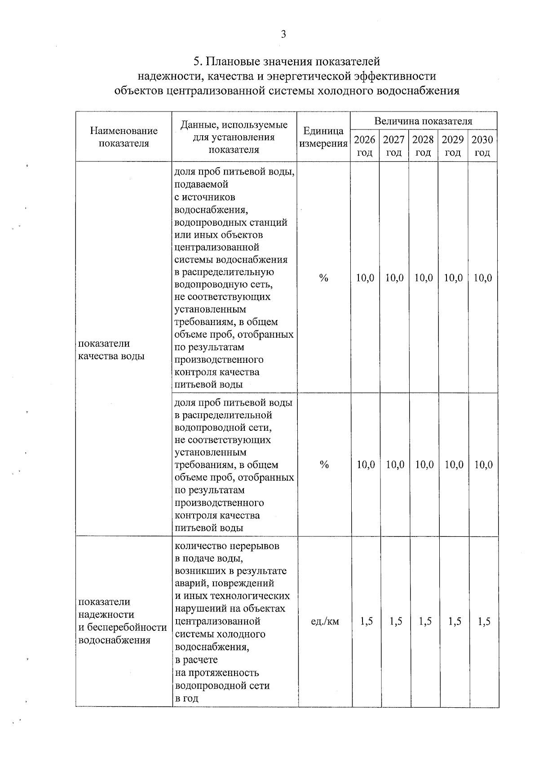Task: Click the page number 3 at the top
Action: [x=283, y=35]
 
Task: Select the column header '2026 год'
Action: [x=365, y=146]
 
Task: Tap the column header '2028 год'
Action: [x=423, y=146]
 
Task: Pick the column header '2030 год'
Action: [x=482, y=146]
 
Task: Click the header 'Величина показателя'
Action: [x=423, y=121]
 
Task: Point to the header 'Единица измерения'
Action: [x=323, y=137]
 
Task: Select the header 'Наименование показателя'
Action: [x=124, y=137]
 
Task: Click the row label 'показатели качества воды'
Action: [x=111, y=350]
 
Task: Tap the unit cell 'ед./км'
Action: [x=325, y=622]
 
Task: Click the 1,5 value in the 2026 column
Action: [x=367, y=622]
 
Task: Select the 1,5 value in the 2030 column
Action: [x=484, y=622]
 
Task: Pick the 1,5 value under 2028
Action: [x=425, y=622]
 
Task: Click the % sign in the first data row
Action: [x=323, y=278]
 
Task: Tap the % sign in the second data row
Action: [x=324, y=465]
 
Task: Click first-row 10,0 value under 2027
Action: [x=394, y=278]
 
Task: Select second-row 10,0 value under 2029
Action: [x=454, y=465]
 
